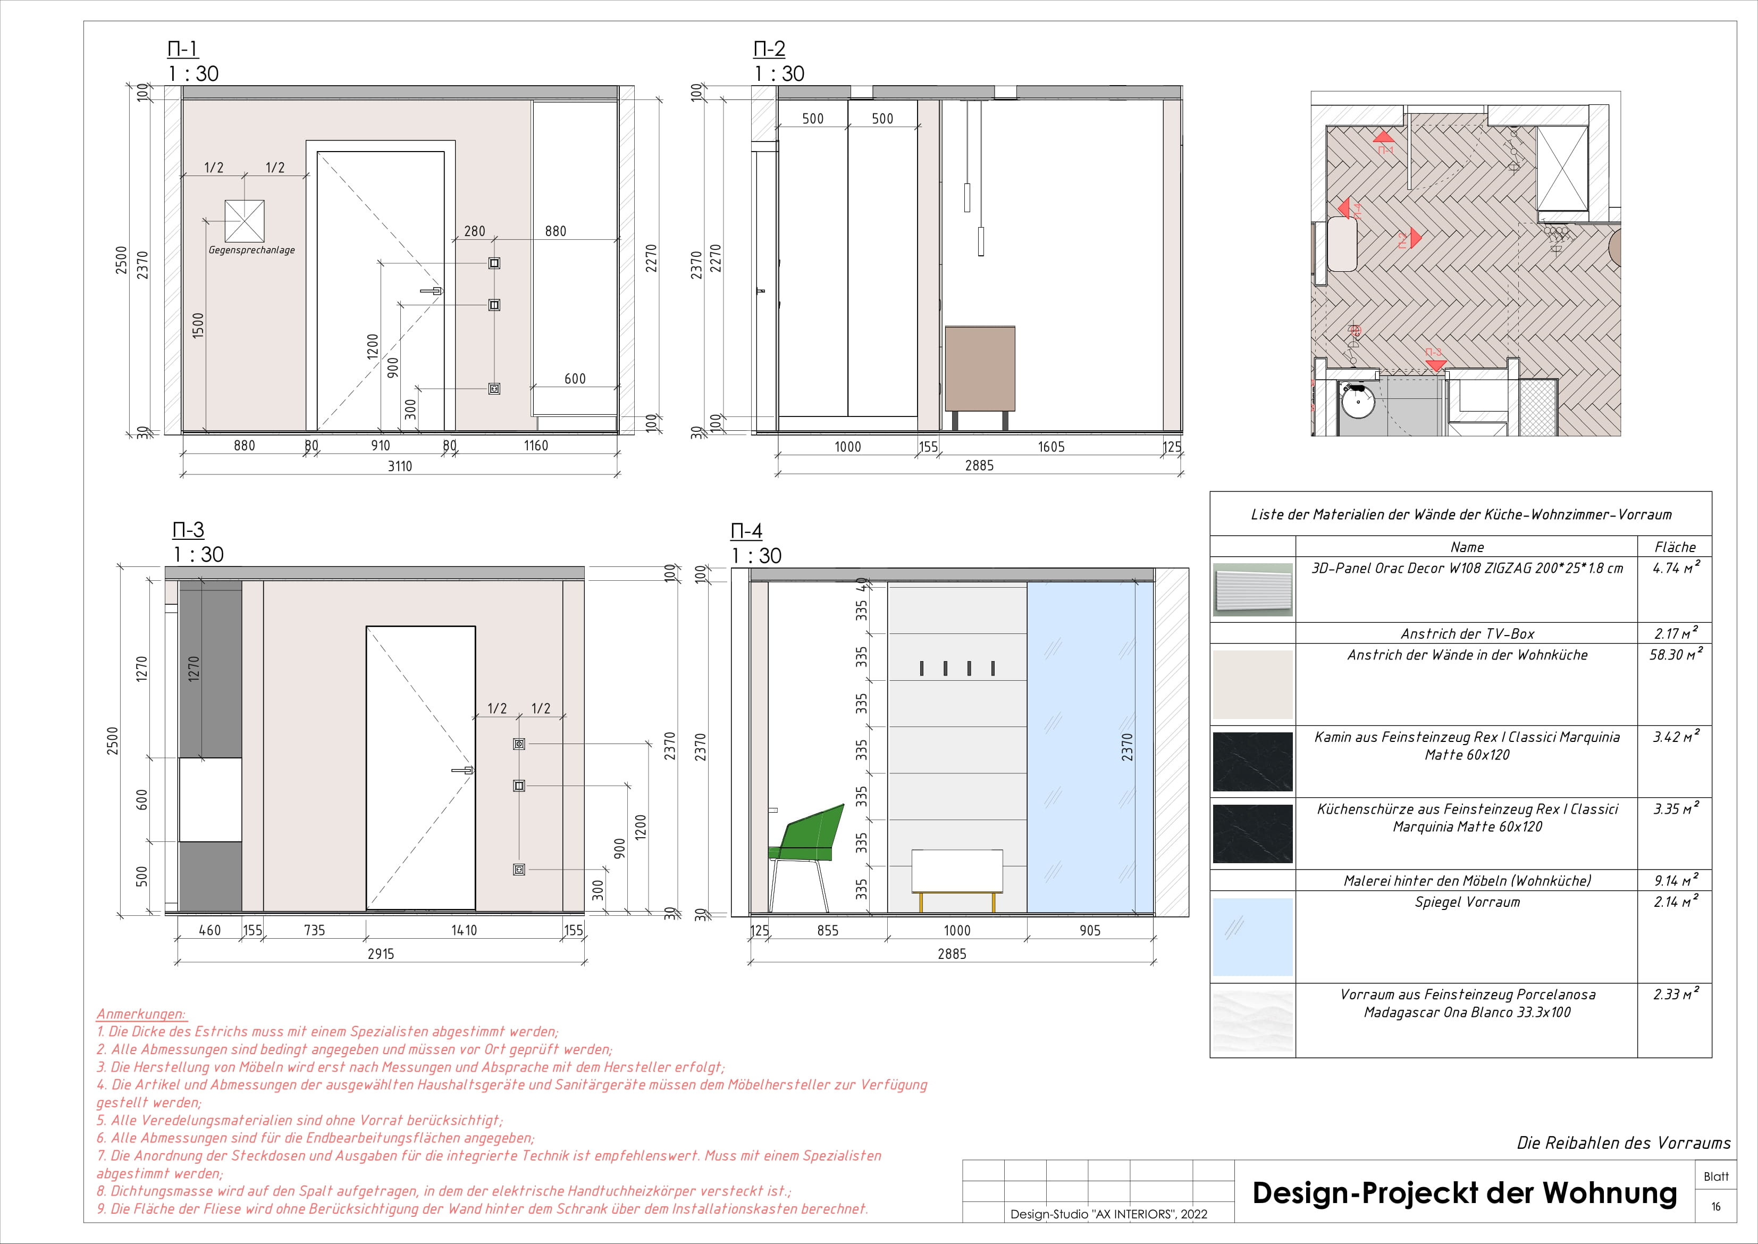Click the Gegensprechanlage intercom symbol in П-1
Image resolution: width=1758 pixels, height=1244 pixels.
click(244, 221)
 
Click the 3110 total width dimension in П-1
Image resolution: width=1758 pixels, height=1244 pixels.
click(400, 466)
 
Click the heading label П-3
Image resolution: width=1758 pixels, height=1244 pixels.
click(188, 530)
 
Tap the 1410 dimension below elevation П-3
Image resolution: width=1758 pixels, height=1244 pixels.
click(464, 930)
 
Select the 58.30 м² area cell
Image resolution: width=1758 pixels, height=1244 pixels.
click(1675, 655)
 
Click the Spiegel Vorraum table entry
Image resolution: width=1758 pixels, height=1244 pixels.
click(1467, 903)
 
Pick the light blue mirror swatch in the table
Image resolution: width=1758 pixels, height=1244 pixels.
click(1252, 937)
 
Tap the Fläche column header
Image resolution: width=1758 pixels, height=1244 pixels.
click(1675, 547)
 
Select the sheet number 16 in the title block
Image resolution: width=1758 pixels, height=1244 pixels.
click(1716, 1206)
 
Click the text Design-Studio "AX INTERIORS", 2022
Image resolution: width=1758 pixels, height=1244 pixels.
click(1109, 1214)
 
